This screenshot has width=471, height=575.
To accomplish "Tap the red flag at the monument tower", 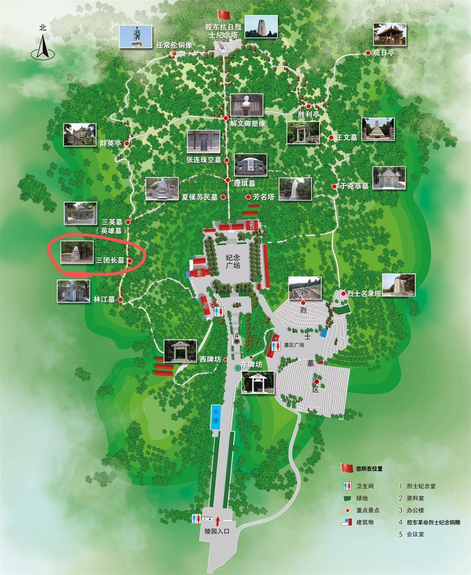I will (x=223, y=15).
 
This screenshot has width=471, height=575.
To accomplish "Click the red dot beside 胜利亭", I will (x=309, y=106).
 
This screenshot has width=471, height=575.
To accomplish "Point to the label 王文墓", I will (x=347, y=138).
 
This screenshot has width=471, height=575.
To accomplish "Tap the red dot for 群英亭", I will (x=127, y=144).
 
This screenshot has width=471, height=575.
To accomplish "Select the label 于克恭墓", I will (x=354, y=186).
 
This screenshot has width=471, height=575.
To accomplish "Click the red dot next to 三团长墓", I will (x=130, y=260).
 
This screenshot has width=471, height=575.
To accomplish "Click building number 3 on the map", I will (x=199, y=273).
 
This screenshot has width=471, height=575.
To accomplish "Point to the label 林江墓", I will (x=104, y=299).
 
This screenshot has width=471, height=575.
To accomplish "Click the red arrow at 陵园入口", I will (x=217, y=521).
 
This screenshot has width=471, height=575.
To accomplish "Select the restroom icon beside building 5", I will (x=220, y=311).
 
